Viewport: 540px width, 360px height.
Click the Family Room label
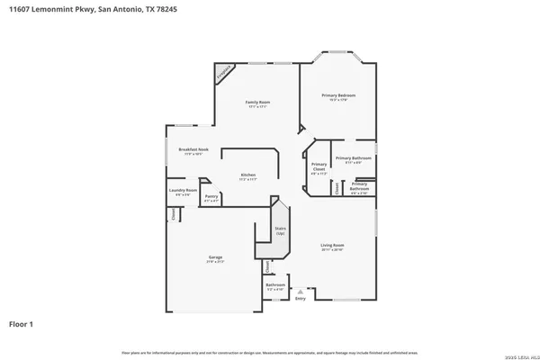[x=258, y=104]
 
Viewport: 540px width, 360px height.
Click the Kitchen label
[x=248, y=176]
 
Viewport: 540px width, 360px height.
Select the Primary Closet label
[x=319, y=167]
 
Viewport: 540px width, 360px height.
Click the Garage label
[x=215, y=259]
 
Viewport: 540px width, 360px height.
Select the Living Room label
[x=334, y=247]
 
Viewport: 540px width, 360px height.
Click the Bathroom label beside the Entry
[x=275, y=287]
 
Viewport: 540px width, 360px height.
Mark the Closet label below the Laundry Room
[x=174, y=214]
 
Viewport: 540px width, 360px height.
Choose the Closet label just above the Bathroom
[x=267, y=266]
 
